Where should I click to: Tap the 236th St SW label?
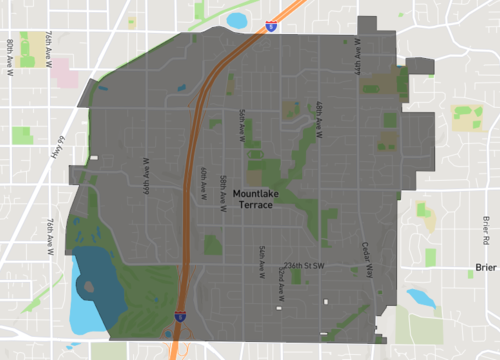pos(305,266)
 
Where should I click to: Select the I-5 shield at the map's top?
pos(271,27)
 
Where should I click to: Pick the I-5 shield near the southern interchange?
pos(179,316)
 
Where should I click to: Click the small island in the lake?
pos(90,288)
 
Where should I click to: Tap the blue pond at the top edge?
pos(237,19)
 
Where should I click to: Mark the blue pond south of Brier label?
pos(419,296)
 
